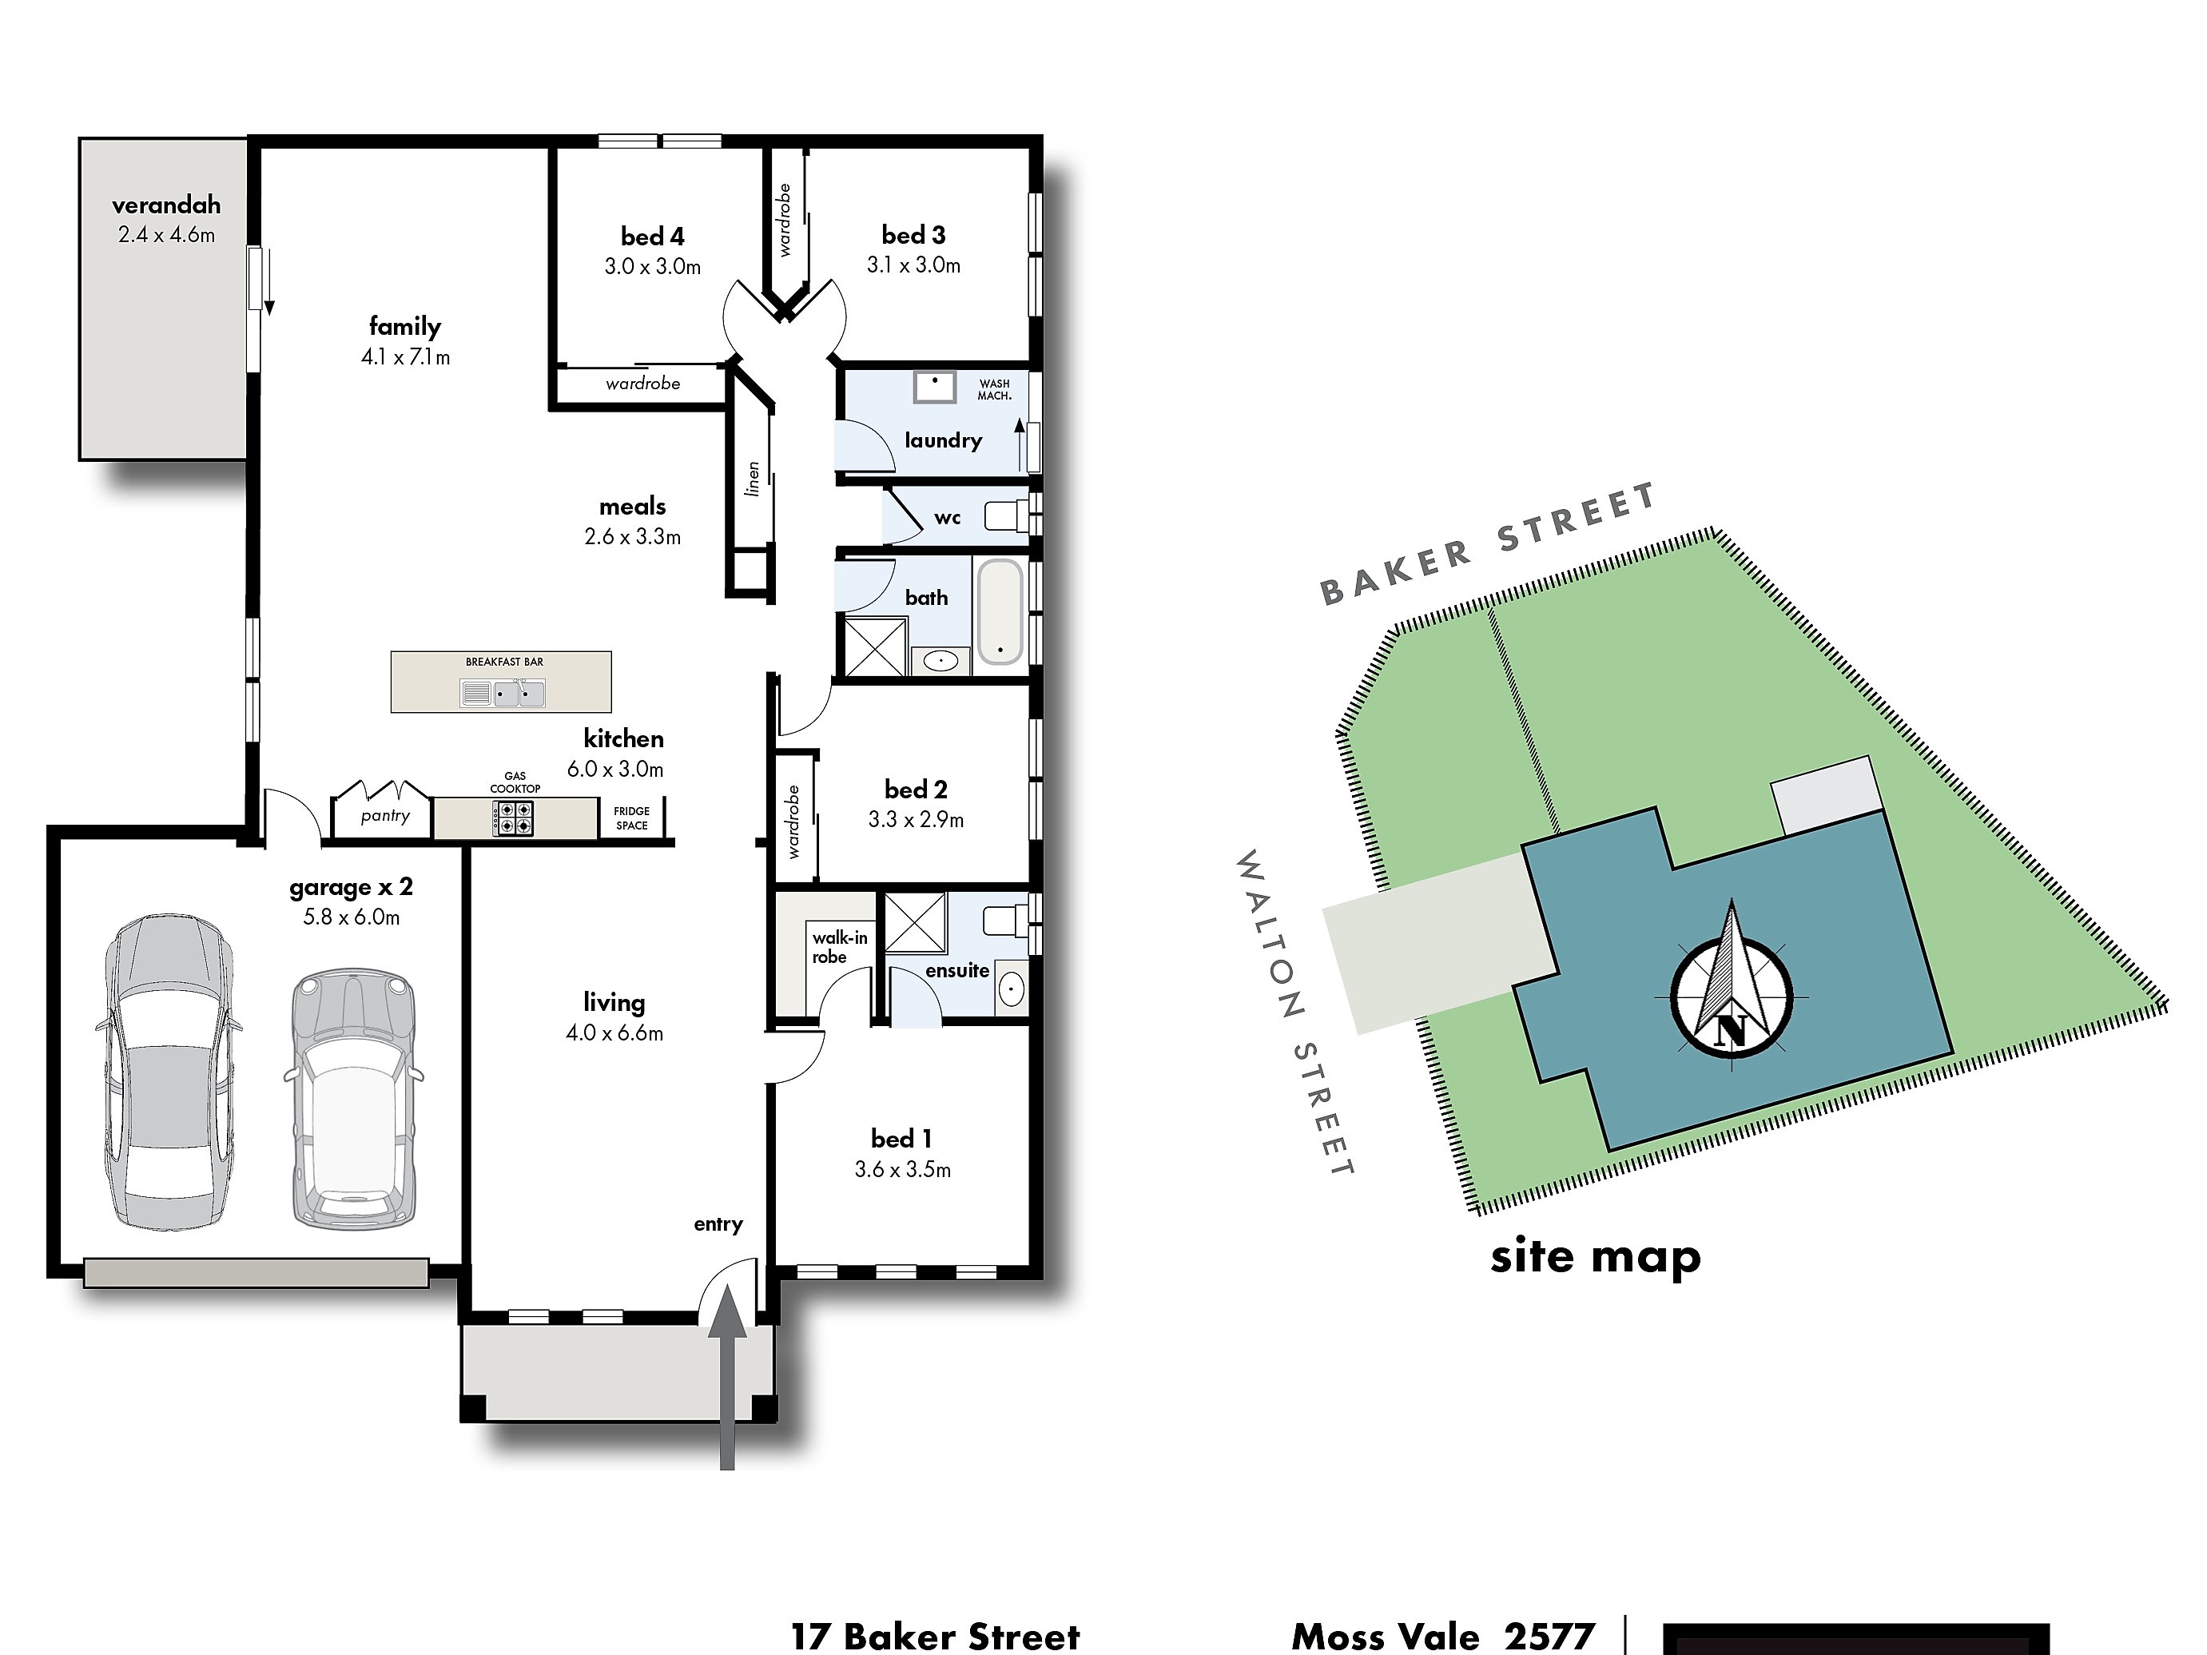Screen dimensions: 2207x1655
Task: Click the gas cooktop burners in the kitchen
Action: click(x=513, y=819)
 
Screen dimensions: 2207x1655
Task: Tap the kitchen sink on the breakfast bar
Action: click(x=503, y=692)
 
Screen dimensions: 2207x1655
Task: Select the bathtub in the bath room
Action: click(x=1000, y=611)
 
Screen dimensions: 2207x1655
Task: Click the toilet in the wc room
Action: click(x=1008, y=515)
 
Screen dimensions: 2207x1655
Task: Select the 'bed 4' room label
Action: click(x=653, y=237)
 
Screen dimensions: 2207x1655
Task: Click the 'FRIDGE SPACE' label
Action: click(x=631, y=818)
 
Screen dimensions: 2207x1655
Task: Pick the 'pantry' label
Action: click(x=385, y=816)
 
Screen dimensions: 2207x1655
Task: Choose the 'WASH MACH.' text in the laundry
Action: click(x=995, y=389)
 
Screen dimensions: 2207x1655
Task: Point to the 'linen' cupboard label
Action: click(x=754, y=478)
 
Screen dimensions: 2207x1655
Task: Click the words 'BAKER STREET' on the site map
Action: click(x=1489, y=545)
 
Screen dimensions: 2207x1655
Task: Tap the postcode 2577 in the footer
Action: click(x=1549, y=1637)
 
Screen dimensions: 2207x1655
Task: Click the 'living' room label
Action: click(x=614, y=1003)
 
